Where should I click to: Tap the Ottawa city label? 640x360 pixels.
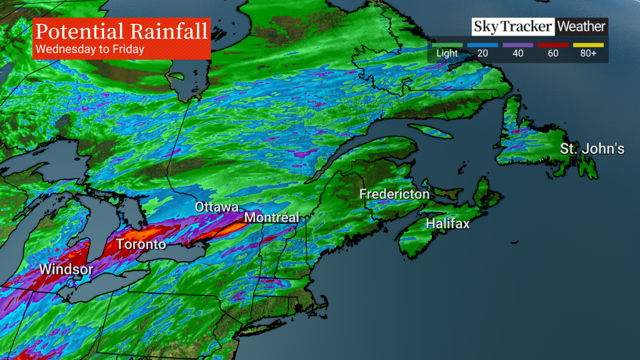216,207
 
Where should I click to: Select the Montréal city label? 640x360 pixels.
271,218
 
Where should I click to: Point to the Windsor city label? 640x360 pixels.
66,269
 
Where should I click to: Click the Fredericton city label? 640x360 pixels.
394,194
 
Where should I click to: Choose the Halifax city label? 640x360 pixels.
447,224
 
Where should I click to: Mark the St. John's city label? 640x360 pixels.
592,149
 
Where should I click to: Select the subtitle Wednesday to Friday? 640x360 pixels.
89,50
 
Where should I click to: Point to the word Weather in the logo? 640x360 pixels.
581,27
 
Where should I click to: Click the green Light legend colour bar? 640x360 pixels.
447,45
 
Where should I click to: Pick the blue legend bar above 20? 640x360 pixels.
483,45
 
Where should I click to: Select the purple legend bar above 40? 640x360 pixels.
518,45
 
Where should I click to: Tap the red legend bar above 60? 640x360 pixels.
554,45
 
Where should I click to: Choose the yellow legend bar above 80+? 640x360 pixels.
589,45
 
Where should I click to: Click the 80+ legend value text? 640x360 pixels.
589,54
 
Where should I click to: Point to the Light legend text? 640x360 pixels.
447,54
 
